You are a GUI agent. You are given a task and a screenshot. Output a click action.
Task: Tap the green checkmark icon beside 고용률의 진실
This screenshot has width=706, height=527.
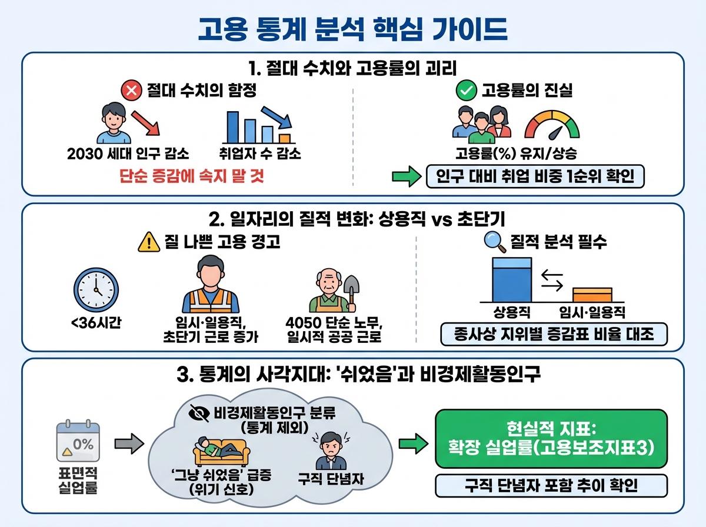point(466,92)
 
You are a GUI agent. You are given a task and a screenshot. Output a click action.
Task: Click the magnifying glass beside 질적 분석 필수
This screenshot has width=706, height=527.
point(492,241)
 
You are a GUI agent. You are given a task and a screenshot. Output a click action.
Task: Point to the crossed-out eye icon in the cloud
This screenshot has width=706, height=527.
point(199,413)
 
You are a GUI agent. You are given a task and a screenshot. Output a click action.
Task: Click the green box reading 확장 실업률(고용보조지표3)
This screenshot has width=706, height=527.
point(551,439)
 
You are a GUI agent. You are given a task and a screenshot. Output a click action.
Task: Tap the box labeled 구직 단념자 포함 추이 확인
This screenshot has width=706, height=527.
point(551,486)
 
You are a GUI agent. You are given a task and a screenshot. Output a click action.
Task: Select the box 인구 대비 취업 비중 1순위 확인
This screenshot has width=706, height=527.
point(534,176)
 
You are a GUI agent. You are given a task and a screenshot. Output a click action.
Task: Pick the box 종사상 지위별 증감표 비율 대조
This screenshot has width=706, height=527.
point(555,335)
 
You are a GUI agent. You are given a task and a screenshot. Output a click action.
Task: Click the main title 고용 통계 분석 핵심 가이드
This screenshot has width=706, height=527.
point(352,28)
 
